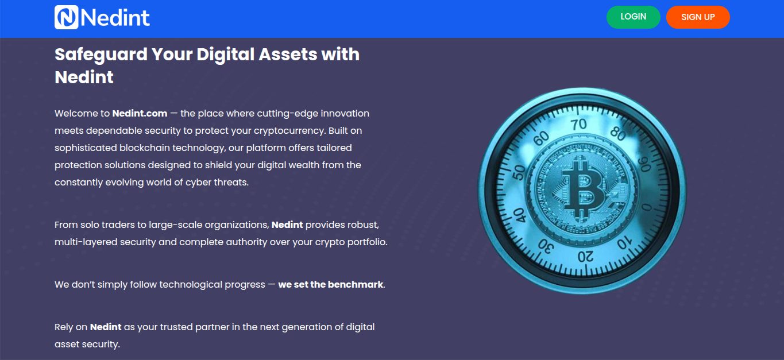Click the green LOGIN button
click(x=633, y=17)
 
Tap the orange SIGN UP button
click(x=698, y=17)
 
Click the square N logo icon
click(x=67, y=17)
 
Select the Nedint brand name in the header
click(x=115, y=17)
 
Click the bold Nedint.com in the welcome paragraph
click(x=140, y=113)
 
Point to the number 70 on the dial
click(x=578, y=124)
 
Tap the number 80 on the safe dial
click(x=619, y=133)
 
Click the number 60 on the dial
click(x=541, y=138)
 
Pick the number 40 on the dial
click(x=520, y=215)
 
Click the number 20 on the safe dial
click(x=585, y=257)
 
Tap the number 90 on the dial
click(x=645, y=164)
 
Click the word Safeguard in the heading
click(x=101, y=55)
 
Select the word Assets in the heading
click(x=288, y=55)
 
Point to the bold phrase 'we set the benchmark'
click(x=331, y=284)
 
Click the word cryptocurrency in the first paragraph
click(x=290, y=131)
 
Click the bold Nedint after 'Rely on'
click(x=106, y=327)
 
